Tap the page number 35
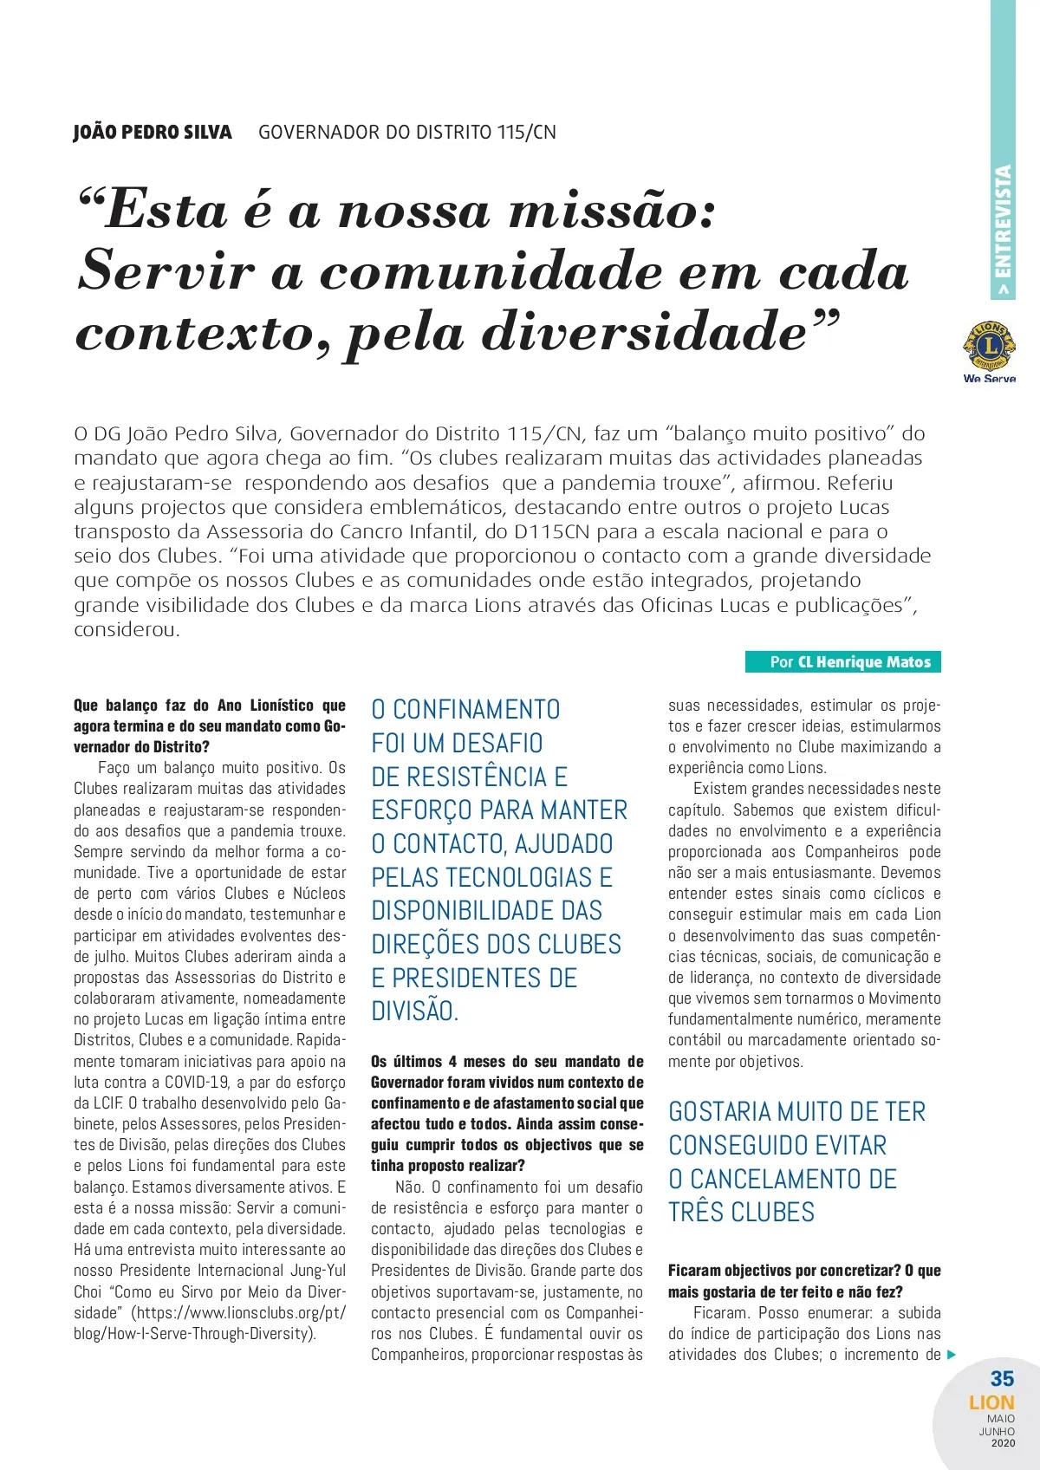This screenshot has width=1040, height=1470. pyautogui.click(x=1002, y=1378)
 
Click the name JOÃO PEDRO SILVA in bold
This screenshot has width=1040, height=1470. pyautogui.click(x=153, y=133)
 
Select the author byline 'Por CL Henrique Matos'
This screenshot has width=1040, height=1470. pyautogui.click(x=842, y=662)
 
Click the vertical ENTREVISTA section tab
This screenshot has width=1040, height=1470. pyautogui.click(x=1003, y=230)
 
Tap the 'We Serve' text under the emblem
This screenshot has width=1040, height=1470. pyautogui.click(x=989, y=379)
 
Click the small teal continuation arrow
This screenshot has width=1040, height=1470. pyautogui.click(x=952, y=1355)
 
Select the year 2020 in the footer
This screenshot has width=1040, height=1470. pyautogui.click(x=1002, y=1443)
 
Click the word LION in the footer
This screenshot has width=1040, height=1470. pyautogui.click(x=991, y=1402)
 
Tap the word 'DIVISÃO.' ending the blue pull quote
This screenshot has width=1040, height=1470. pyautogui.click(x=414, y=1011)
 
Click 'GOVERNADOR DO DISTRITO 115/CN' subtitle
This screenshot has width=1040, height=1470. pyautogui.click(x=407, y=133)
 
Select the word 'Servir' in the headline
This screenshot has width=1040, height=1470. pyautogui.click(x=166, y=271)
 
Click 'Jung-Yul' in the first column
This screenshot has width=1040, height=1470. pyautogui.click(x=315, y=1271)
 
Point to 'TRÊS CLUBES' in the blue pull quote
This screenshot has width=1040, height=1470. pyautogui.click(x=741, y=1212)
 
